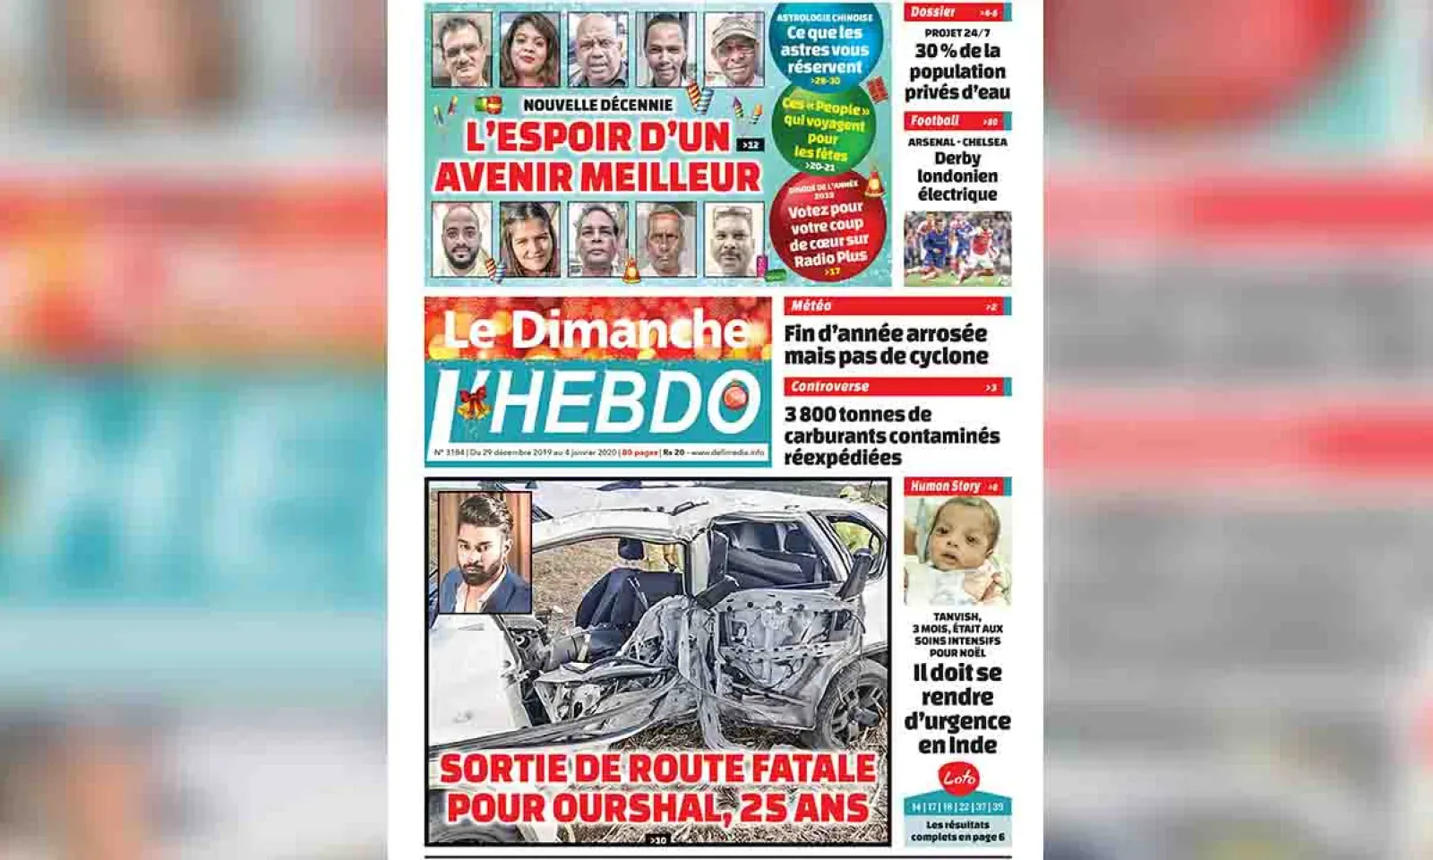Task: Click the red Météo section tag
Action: point(811,306)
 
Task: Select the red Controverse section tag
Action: point(829,387)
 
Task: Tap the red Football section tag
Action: point(934,121)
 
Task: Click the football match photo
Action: point(957,248)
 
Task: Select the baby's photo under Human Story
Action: point(957,550)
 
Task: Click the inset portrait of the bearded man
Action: point(485,552)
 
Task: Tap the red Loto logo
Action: point(957,778)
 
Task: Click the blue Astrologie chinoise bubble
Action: point(823,46)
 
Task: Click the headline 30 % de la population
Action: point(957,72)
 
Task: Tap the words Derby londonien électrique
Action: point(957,176)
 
